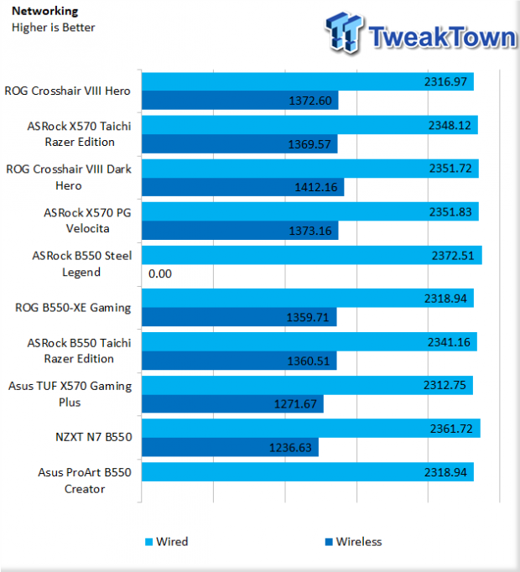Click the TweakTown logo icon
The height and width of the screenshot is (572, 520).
344,32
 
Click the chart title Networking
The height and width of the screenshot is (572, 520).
45,11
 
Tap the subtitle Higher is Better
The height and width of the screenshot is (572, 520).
54,28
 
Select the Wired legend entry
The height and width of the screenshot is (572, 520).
167,542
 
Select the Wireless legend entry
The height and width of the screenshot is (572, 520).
353,542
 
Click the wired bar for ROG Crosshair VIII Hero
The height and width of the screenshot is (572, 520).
308,81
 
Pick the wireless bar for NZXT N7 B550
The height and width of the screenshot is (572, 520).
230,447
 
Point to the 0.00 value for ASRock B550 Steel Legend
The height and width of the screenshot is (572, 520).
160,273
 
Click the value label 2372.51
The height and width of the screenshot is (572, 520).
453,256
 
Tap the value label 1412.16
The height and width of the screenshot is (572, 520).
316,187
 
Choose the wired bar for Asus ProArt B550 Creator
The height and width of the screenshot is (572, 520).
308,472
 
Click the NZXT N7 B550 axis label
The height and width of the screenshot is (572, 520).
93,437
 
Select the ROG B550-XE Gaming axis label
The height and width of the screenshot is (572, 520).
73,308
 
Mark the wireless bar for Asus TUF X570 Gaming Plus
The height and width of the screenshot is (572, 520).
232,403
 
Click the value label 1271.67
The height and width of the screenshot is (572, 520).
295,404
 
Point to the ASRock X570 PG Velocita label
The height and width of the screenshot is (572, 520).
87,221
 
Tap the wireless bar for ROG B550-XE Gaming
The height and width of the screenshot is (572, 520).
239,317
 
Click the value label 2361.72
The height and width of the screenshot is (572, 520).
451,429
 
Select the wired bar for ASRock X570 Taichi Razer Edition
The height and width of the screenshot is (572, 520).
309,125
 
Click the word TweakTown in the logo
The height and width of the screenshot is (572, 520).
443,37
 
